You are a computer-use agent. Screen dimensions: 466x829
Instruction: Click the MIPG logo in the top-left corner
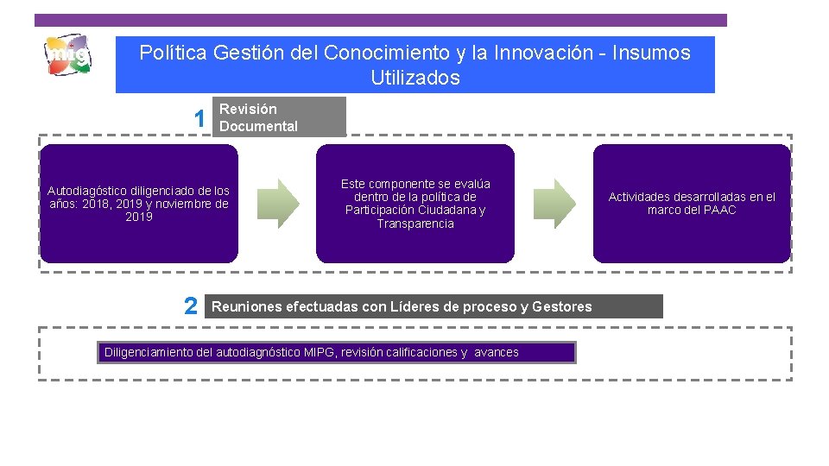click(x=67, y=57)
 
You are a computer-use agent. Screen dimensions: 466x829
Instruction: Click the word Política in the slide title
click(x=173, y=53)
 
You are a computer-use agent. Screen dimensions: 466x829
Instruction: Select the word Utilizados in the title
click(x=415, y=78)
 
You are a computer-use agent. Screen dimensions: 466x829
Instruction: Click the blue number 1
click(x=199, y=119)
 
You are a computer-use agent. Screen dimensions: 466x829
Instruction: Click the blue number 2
click(x=191, y=306)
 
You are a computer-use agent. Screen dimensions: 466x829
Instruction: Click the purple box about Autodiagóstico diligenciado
click(x=139, y=204)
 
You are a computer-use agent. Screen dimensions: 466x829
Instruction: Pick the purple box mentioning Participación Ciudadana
click(x=414, y=204)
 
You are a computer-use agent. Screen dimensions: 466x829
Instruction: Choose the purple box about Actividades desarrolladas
click(x=691, y=204)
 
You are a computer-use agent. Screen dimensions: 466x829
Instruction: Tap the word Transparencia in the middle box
click(x=415, y=224)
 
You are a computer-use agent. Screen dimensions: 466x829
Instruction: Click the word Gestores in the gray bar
click(x=562, y=306)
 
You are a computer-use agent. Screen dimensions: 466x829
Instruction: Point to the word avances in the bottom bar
click(x=497, y=352)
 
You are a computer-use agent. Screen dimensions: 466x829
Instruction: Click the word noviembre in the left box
click(x=182, y=205)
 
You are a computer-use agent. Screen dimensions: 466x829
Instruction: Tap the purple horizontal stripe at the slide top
click(x=381, y=20)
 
